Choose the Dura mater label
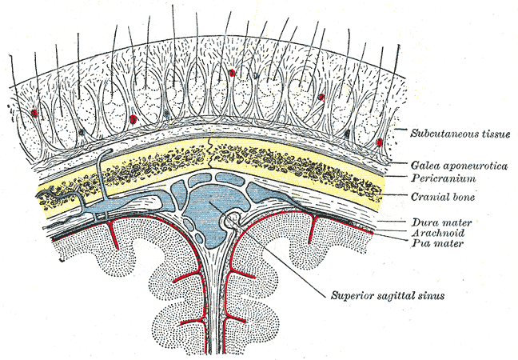[x=435, y=222]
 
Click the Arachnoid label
[x=433, y=231]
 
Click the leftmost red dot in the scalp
[x=34, y=113]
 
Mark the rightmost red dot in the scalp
[x=379, y=142]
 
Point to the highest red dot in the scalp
[x=232, y=73]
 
